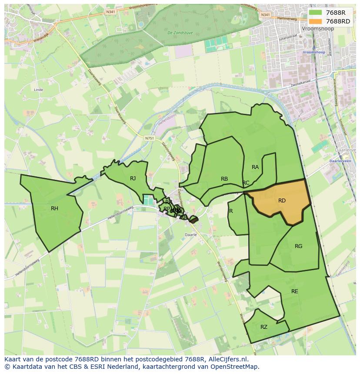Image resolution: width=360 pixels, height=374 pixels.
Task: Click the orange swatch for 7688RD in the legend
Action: pos(316,21)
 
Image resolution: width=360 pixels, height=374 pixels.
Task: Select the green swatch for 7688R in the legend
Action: pos(316,13)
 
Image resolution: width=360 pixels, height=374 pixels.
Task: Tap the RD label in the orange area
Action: pos(282,201)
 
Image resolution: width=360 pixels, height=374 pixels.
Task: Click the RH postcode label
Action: pos(54,209)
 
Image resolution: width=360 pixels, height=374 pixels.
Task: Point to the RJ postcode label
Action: pos(133,178)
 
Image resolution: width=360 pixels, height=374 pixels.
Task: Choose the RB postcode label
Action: pos(224,179)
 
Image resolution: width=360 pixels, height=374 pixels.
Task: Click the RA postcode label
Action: pos(255,167)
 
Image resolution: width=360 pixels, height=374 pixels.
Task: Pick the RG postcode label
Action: pos(298,246)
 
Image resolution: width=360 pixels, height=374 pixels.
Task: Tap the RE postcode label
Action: pos(295,291)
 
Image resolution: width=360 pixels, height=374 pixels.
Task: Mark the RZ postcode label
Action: pos(264,327)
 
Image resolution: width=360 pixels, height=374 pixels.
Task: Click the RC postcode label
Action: pos(246,183)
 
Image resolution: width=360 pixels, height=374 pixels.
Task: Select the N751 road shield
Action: pos(150,138)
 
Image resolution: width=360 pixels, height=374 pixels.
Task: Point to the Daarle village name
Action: pos(191,235)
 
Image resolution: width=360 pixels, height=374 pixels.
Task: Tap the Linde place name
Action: pos(38,90)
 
